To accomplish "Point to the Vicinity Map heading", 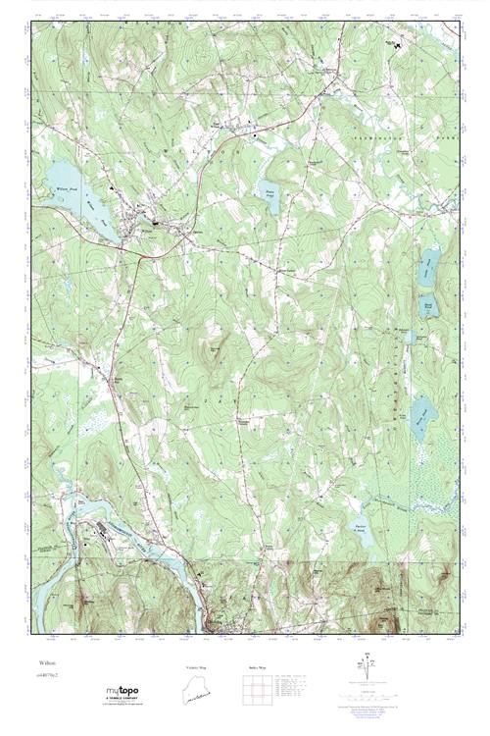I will [x=197, y=667].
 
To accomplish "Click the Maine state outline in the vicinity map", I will [x=197, y=691].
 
